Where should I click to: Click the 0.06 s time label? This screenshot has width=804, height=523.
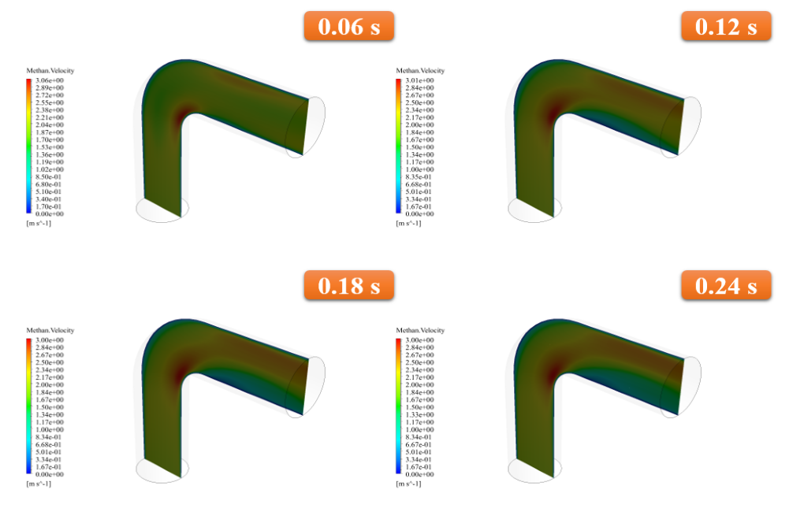pyautogui.click(x=348, y=26)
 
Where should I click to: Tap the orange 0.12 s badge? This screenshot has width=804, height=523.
pyautogui.click(x=726, y=26)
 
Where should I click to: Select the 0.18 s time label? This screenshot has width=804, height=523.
pyautogui.click(x=348, y=285)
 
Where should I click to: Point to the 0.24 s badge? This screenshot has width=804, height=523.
pyautogui.click(x=726, y=285)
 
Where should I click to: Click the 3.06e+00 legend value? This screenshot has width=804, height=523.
pyautogui.click(x=50, y=80)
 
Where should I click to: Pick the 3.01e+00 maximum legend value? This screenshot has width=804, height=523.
pyautogui.click(x=419, y=80)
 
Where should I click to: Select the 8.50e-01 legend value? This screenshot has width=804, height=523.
pyautogui.click(x=48, y=176)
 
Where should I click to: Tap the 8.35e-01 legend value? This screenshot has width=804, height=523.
pyautogui.click(x=419, y=176)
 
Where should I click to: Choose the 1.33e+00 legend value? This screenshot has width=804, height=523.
pyautogui.click(x=419, y=414)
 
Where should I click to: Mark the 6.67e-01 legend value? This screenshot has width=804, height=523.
pyautogui.click(x=419, y=444)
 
